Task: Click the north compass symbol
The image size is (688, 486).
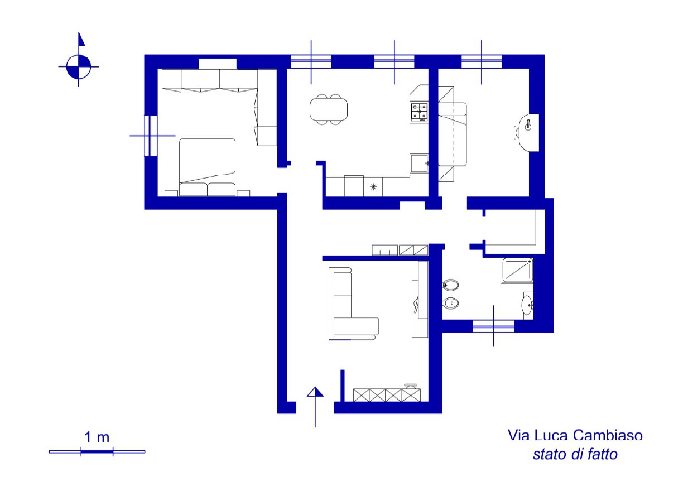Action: pos(79,66)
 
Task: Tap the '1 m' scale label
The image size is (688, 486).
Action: pos(97,437)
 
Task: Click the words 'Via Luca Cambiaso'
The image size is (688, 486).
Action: pos(575,435)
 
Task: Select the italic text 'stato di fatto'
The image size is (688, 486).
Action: pos(575,454)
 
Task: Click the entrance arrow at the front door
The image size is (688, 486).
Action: pos(315,407)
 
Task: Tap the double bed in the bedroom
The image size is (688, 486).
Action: pos(208,167)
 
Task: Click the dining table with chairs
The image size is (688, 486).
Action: pos(329,109)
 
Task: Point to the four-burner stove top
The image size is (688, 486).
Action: pos(420,111)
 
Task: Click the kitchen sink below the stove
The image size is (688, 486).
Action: pos(419,163)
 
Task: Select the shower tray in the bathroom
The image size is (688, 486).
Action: pos(517,271)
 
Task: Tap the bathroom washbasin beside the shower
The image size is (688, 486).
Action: pos(527,305)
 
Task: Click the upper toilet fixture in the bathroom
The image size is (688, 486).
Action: pos(451,285)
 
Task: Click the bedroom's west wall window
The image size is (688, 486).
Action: pos(151,136)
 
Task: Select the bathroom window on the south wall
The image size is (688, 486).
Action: pos(493,326)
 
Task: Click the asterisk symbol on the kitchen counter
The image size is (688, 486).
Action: pos(373,186)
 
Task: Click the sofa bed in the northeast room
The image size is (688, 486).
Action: pos(452,134)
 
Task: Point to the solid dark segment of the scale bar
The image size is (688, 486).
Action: pos(97,451)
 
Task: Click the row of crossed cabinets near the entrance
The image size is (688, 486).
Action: pos(387,395)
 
